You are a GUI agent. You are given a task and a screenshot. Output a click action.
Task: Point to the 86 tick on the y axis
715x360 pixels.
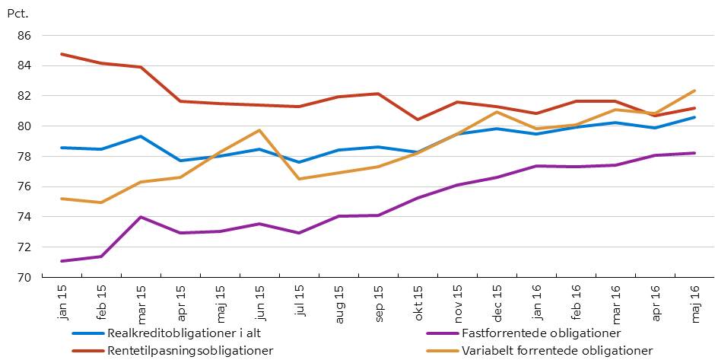pyautogui.click(x=23, y=36)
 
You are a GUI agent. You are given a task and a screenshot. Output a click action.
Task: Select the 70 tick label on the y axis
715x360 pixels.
pyautogui.click(x=23, y=277)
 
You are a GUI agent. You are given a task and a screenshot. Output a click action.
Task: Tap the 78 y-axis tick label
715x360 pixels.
pyautogui.click(x=23, y=156)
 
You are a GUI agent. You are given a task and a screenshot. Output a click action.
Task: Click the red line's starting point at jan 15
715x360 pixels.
pyautogui.click(x=62, y=54)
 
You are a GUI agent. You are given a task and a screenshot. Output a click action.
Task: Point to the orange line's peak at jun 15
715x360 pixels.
pyautogui.click(x=259, y=130)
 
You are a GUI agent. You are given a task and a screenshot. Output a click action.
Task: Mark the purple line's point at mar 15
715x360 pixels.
pyautogui.click(x=141, y=217)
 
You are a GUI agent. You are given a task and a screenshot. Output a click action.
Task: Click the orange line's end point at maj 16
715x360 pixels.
pyautogui.click(x=695, y=91)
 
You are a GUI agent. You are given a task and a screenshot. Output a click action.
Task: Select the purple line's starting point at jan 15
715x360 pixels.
pyautogui.click(x=62, y=261)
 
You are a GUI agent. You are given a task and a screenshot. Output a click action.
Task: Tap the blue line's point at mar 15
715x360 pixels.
pyautogui.click(x=141, y=136)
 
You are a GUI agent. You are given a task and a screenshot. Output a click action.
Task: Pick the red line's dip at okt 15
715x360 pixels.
pyautogui.click(x=418, y=119)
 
